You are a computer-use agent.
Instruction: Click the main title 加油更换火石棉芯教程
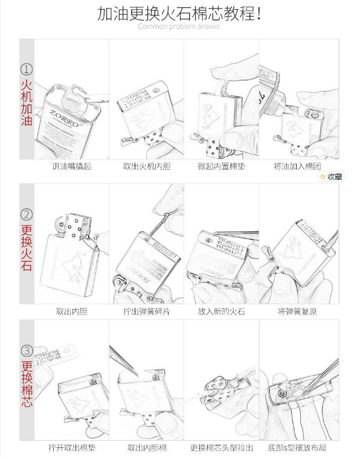(x=179, y=14)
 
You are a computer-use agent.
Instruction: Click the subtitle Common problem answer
(x=179, y=27)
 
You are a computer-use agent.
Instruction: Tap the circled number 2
(x=27, y=214)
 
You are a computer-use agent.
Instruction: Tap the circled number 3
(x=27, y=350)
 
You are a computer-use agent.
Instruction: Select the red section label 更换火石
(x=27, y=248)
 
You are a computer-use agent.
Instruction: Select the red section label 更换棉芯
(x=27, y=385)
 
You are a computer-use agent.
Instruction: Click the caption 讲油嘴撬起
(x=71, y=166)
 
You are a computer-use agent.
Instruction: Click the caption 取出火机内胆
(x=147, y=166)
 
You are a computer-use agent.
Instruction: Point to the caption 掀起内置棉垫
(x=222, y=166)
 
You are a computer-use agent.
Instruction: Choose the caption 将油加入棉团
(x=297, y=166)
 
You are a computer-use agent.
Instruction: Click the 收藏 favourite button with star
(x=330, y=177)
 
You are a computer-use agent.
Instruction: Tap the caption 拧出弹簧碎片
(x=147, y=312)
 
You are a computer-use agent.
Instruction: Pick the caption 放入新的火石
(x=222, y=312)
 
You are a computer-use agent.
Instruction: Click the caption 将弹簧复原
(x=297, y=312)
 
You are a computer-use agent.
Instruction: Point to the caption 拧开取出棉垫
(x=71, y=448)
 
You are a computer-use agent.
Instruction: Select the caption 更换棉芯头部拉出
(x=222, y=448)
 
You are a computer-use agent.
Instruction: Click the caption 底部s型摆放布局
(x=297, y=448)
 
